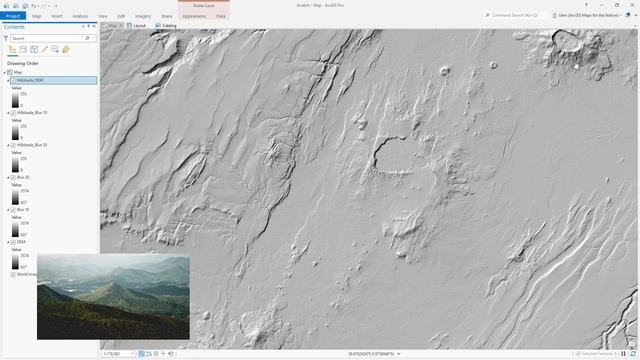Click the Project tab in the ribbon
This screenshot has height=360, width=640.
(x=13, y=16)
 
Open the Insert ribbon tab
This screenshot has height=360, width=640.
(x=57, y=16)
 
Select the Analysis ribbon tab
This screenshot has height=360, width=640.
(x=80, y=16)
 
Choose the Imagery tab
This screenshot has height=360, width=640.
(x=144, y=16)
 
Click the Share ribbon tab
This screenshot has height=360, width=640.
(x=167, y=16)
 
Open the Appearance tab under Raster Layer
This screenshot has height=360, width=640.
(x=194, y=16)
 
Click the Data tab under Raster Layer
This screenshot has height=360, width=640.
(x=221, y=16)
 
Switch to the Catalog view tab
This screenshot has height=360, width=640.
(x=169, y=25)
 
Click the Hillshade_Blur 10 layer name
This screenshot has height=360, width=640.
(x=33, y=113)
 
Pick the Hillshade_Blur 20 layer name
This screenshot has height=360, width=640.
(x=33, y=145)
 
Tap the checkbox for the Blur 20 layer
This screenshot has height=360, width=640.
(x=12, y=177)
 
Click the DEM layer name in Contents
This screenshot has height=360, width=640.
(x=21, y=241)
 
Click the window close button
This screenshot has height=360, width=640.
(x=632, y=5)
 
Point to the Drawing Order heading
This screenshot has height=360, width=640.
(x=23, y=63)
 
